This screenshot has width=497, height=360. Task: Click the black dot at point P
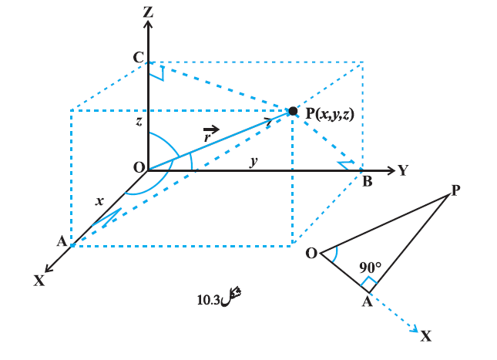point(294,111)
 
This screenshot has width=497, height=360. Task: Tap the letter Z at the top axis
point(148,12)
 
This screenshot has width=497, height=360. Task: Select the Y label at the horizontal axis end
point(403,170)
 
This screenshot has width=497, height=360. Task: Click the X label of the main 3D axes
point(39,281)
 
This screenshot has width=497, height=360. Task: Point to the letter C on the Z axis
point(139,58)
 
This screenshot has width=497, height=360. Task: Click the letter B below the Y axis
point(368,181)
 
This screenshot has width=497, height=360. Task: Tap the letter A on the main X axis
point(62,241)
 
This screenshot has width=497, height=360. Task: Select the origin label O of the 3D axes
point(139,167)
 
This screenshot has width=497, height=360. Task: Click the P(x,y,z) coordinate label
point(330,113)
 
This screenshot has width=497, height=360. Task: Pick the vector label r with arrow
point(210,134)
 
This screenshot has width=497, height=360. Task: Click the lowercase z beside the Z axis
point(139,121)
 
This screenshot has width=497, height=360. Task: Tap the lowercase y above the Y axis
point(254,161)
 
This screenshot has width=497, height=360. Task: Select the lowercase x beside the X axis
point(99,201)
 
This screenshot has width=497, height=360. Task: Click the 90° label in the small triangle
point(370,267)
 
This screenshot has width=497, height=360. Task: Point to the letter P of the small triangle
point(455,190)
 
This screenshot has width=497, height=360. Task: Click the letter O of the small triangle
point(311,254)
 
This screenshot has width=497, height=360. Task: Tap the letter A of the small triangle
point(367,301)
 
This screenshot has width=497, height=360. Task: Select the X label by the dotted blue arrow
point(426,335)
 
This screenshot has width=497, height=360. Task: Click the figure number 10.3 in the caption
point(208,300)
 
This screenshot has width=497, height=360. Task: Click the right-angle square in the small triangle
point(368,283)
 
